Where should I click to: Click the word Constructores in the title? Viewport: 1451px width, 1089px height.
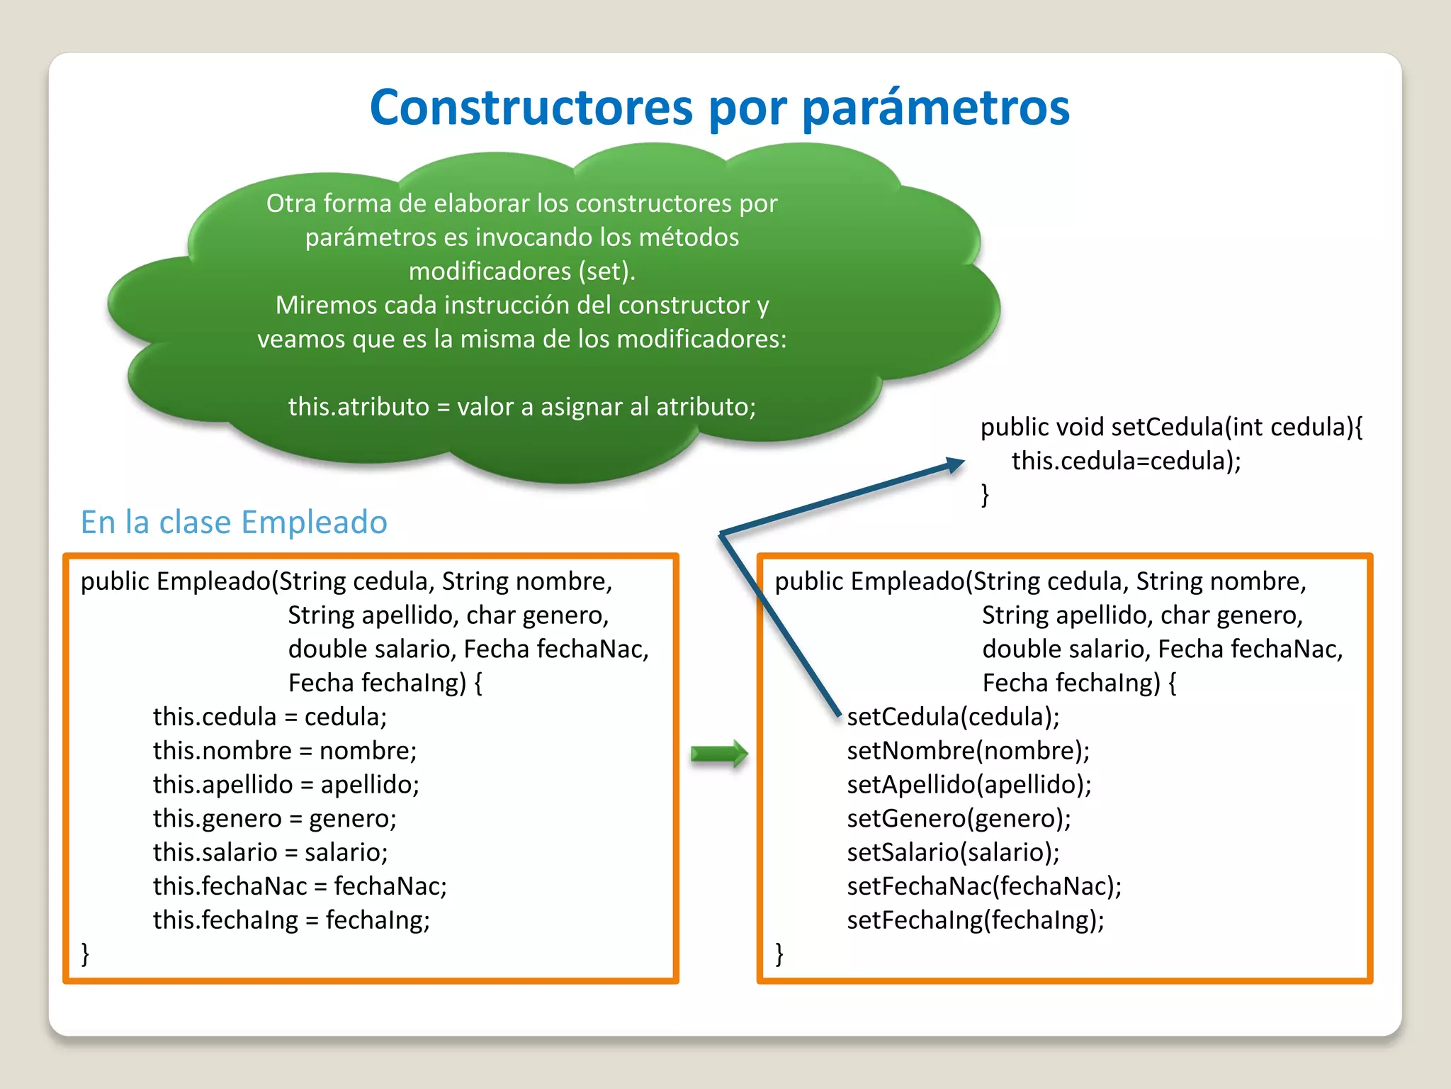click(x=531, y=108)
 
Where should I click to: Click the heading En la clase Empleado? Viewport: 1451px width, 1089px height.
click(x=234, y=523)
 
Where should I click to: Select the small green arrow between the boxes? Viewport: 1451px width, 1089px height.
click(x=719, y=754)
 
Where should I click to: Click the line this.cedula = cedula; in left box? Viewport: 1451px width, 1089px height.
click(x=270, y=717)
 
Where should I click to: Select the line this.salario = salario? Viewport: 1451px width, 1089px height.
click(x=270, y=852)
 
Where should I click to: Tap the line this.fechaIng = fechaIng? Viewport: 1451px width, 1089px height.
click(x=291, y=920)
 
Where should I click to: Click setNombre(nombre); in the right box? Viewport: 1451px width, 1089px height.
click(x=968, y=751)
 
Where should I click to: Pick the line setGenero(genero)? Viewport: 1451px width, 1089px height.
click(x=959, y=819)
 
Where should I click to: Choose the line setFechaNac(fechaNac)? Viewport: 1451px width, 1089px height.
click(x=984, y=886)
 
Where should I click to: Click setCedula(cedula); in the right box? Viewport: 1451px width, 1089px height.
click(x=953, y=717)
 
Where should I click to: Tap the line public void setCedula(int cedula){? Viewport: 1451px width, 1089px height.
click(x=1171, y=428)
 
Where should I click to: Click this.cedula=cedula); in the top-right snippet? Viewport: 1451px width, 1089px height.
click(x=1126, y=462)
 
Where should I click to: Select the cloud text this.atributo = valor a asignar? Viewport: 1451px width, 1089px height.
click(x=521, y=407)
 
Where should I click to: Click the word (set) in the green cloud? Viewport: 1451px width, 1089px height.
click(x=606, y=272)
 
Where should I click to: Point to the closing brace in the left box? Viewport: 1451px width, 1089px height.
click(x=86, y=954)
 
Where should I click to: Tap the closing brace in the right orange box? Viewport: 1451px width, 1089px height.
click(x=779, y=954)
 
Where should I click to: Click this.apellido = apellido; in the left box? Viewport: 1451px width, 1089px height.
click(x=286, y=785)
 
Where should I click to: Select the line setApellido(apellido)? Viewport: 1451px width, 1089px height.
click(x=969, y=785)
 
